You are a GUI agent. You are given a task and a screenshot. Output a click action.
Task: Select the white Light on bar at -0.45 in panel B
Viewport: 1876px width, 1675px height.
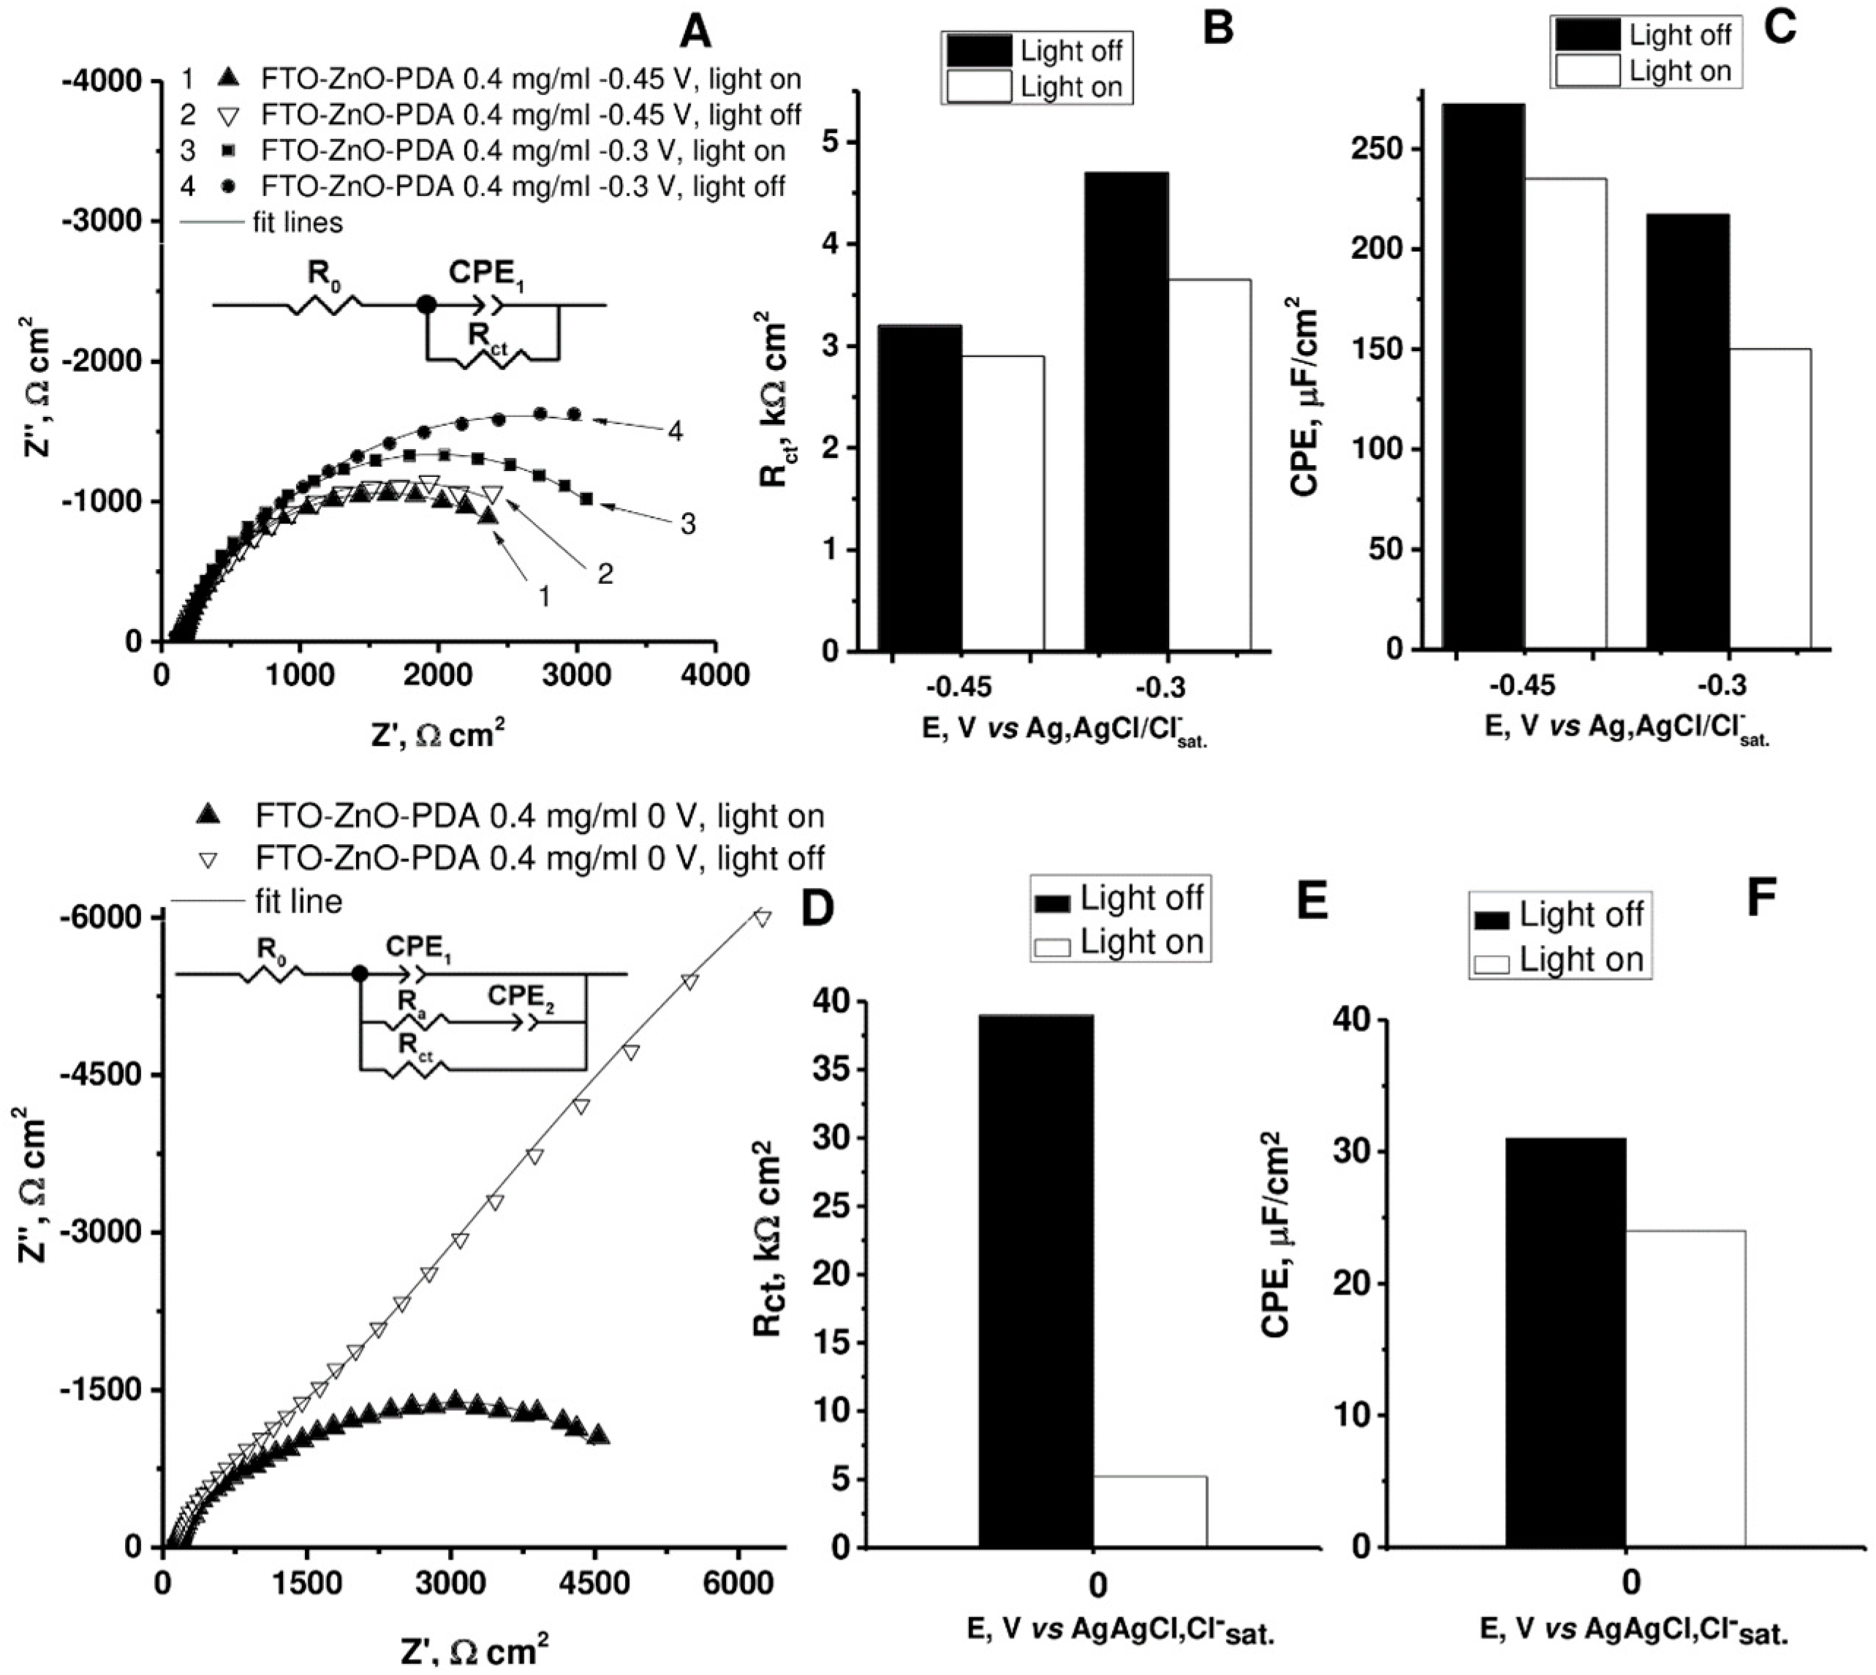pos(1003,502)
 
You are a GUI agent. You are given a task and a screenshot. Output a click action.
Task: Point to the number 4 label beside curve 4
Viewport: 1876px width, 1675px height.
pos(676,431)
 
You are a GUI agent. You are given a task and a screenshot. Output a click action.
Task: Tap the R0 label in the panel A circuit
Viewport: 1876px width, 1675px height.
pos(324,274)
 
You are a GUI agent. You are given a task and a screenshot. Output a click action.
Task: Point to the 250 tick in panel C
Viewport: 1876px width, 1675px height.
pos(1373,149)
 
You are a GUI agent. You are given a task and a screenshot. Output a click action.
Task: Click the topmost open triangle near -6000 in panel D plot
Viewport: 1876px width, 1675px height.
pos(762,916)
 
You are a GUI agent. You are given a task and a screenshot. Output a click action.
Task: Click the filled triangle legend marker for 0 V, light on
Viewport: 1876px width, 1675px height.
pos(211,816)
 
